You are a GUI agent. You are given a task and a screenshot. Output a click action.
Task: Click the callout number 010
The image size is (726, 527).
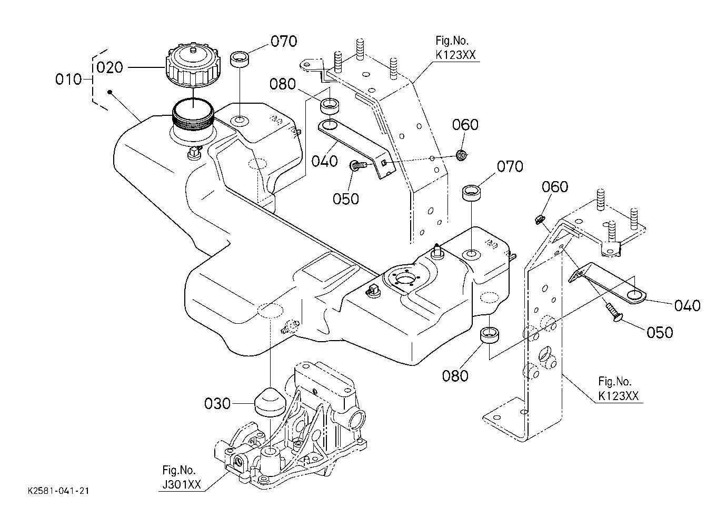pos(68,79)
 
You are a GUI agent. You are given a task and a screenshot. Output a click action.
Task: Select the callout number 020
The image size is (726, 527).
pos(110,67)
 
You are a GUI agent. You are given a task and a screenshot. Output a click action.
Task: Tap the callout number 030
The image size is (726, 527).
pos(217,404)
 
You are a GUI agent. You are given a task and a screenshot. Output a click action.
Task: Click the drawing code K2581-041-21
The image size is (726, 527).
pos(58,491)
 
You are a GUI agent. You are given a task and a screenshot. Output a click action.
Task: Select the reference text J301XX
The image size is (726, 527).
pos(180,484)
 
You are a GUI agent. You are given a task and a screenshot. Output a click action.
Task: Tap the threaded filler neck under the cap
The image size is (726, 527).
pos(193,122)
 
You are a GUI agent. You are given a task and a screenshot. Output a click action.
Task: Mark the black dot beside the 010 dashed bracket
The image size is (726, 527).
pos(110,93)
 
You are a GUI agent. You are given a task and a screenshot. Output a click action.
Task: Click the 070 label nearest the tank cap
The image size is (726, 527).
pos(284,42)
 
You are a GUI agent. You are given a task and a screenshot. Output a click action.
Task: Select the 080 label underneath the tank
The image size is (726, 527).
pos(455,375)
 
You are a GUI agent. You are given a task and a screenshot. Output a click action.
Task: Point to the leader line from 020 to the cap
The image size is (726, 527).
pos(145,67)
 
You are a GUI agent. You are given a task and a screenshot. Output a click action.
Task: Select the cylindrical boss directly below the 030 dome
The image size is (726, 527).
pos(270,453)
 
